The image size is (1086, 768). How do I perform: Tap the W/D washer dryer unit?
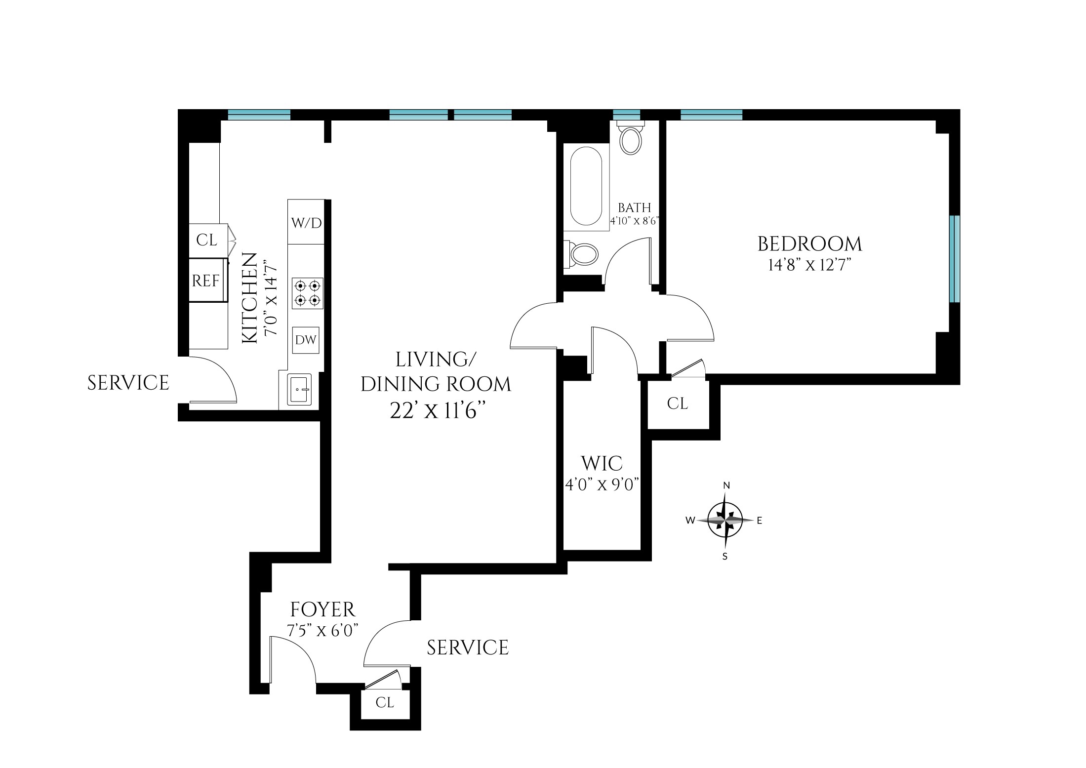click(x=306, y=223)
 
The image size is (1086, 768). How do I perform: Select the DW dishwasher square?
click(x=306, y=340)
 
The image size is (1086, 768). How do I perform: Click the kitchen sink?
click(x=299, y=389)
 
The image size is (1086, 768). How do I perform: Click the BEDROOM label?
click(x=809, y=244)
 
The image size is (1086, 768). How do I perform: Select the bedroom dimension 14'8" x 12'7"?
click(x=809, y=266)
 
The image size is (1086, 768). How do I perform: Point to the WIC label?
click(x=602, y=464)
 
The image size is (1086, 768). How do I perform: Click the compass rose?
click(x=724, y=520)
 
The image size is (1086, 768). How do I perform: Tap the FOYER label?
click(x=322, y=610)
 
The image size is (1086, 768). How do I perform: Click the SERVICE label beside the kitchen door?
click(x=128, y=383)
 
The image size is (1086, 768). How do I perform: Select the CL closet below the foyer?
click(x=385, y=702)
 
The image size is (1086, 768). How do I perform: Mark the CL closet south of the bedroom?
click(x=677, y=404)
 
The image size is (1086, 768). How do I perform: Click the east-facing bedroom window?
click(x=955, y=259)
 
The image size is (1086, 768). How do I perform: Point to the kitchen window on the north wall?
click(x=259, y=115)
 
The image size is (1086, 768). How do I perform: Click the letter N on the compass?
click(x=726, y=485)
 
